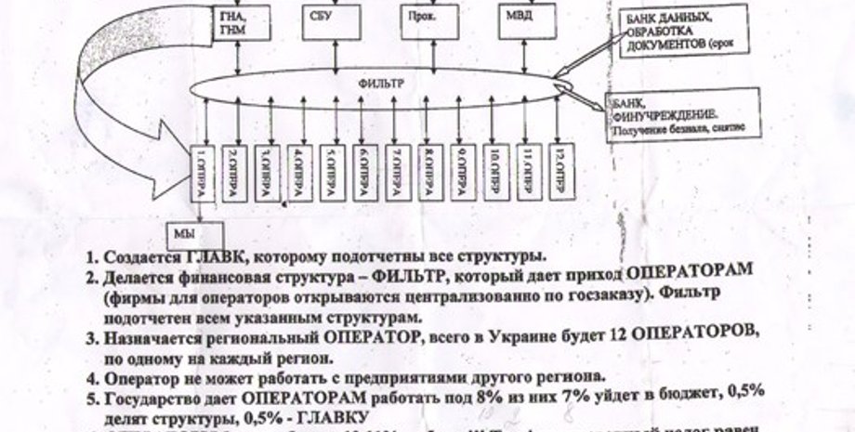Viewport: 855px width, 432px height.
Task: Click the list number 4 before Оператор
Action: click(x=92, y=377)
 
